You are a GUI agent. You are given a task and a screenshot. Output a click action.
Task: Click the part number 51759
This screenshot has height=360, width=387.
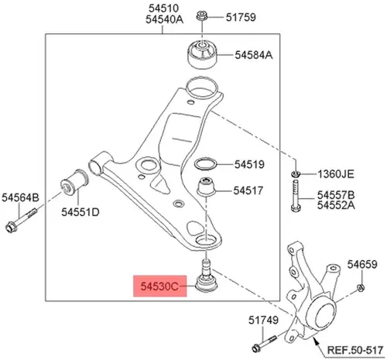tap(241, 17)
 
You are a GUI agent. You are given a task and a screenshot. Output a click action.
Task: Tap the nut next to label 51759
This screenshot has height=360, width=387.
tap(201, 16)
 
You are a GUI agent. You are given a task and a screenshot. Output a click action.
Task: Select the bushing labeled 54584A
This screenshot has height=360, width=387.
tap(202, 54)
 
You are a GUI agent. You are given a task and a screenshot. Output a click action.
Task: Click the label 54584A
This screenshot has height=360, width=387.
tap(253, 55)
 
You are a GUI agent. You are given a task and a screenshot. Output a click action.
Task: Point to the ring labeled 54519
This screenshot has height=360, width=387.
tap(205, 164)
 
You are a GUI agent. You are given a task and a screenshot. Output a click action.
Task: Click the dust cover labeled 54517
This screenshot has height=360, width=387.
tap(207, 187)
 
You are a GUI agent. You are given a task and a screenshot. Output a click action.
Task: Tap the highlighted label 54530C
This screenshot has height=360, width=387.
tap(159, 286)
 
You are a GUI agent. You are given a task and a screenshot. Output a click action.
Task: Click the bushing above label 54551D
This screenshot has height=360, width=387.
tap(74, 183)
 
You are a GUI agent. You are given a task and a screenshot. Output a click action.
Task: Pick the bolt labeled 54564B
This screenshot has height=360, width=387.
tap(21, 220)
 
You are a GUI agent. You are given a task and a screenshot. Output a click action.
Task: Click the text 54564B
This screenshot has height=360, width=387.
tap(20, 197)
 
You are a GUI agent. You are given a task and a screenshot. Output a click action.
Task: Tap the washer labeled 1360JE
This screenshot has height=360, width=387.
tap(296, 174)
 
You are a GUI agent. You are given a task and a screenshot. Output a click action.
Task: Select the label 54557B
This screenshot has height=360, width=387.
tap(336, 195)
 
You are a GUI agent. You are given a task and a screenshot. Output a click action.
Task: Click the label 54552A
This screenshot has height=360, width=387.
tap(336, 205)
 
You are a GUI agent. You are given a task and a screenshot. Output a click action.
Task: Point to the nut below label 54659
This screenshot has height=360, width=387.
tap(361, 287)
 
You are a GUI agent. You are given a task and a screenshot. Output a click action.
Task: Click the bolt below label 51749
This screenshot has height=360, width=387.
tap(264, 344)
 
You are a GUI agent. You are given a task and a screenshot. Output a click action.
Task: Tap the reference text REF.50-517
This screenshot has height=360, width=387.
tap(355, 350)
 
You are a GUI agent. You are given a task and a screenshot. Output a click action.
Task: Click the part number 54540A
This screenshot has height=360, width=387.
tap(164, 19)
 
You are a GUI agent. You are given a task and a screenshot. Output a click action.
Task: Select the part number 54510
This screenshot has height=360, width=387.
tap(163, 9)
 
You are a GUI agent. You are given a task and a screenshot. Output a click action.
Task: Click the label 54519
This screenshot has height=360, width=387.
tap(249, 164)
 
